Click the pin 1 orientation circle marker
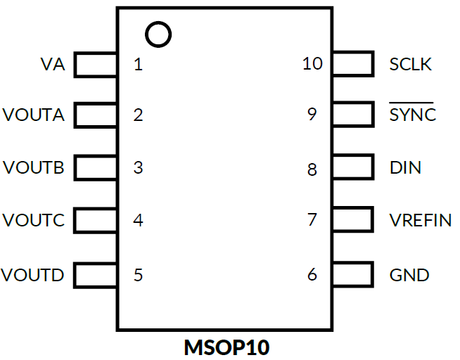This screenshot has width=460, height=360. [x=158, y=34]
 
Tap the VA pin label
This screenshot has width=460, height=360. [x=53, y=65]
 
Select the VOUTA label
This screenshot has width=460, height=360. [x=34, y=115]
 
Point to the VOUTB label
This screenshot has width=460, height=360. [x=34, y=168]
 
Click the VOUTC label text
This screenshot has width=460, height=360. [x=34, y=221]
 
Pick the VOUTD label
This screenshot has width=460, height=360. [x=33, y=275]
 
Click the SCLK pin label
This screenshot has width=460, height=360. [x=411, y=65]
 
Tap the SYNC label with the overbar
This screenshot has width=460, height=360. [x=413, y=115]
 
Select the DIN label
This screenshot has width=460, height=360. [x=406, y=168]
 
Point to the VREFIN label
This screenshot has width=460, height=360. [x=421, y=221]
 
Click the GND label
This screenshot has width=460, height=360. [x=409, y=275]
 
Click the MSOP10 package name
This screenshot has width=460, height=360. [x=227, y=347]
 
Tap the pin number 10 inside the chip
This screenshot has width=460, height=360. [x=312, y=64]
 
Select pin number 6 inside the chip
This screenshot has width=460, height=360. [x=312, y=275]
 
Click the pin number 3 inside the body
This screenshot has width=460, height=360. [x=138, y=168]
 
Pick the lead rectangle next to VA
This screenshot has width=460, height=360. [x=96, y=65]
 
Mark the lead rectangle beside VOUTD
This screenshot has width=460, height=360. [x=96, y=274]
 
